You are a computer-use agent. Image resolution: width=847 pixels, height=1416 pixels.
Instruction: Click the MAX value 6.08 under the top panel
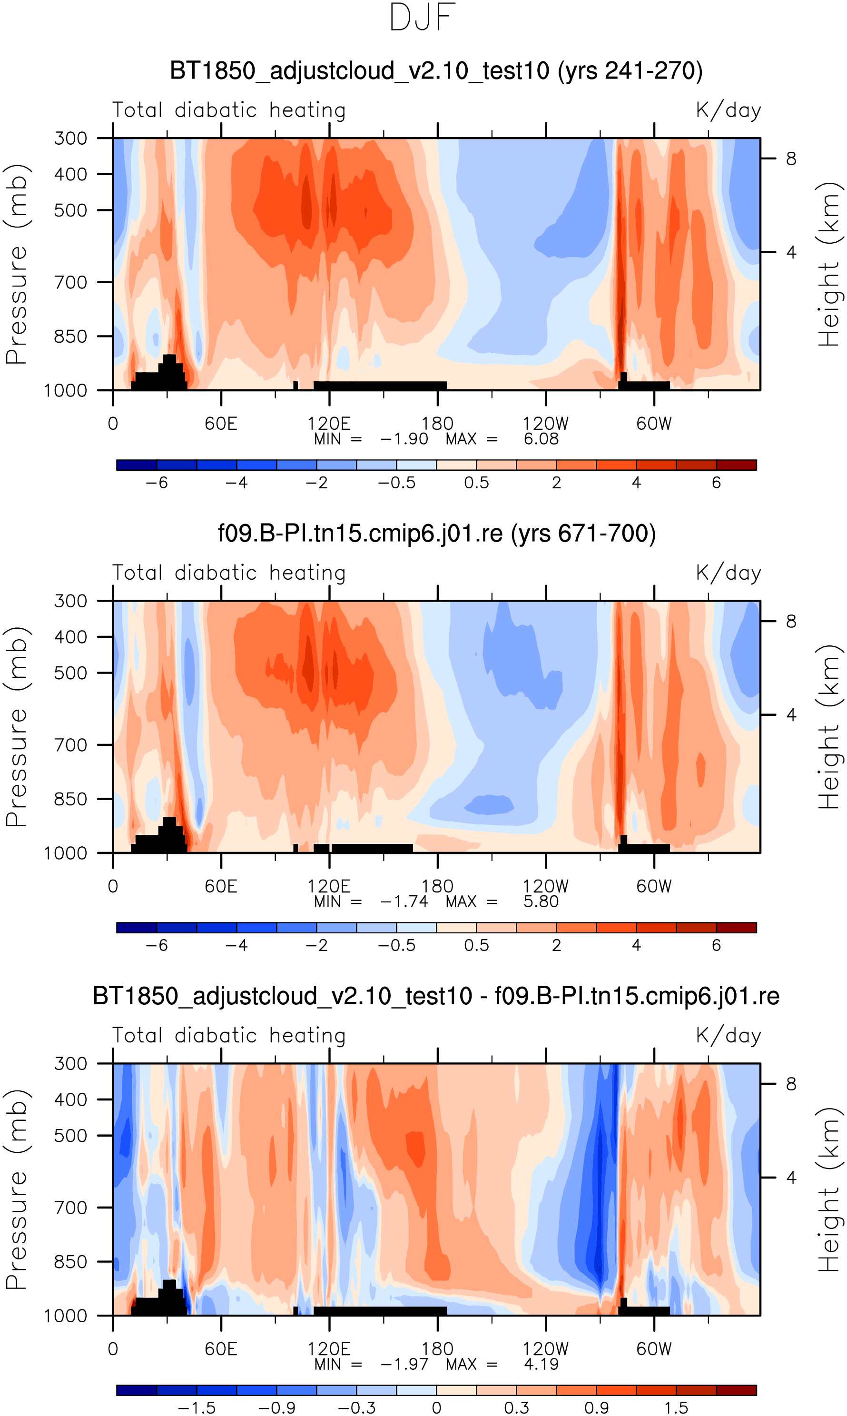(x=541, y=439)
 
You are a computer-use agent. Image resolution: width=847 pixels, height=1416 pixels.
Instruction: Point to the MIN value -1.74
(x=404, y=902)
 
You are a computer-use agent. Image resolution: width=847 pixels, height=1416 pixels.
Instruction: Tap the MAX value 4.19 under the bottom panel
(x=541, y=1365)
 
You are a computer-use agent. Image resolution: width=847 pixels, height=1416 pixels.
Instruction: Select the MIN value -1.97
(x=404, y=1365)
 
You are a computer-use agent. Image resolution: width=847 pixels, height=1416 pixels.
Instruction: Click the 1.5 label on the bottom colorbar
(x=676, y=1408)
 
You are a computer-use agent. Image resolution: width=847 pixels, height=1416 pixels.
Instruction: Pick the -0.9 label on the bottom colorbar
(x=276, y=1408)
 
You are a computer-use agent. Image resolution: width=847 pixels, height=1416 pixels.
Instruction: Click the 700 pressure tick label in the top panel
(x=71, y=283)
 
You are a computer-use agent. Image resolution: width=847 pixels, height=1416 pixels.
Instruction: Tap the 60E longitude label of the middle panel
(x=221, y=886)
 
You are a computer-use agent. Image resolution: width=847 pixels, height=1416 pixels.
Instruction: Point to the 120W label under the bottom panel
(x=546, y=1349)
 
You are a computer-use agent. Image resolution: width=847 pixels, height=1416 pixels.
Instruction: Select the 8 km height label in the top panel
(x=791, y=158)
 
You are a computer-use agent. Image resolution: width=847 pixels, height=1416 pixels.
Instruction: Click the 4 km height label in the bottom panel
(x=791, y=1178)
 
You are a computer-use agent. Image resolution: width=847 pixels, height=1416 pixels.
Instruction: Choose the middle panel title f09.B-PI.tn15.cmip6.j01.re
(x=437, y=534)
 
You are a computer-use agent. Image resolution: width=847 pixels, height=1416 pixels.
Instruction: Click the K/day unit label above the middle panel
(x=729, y=573)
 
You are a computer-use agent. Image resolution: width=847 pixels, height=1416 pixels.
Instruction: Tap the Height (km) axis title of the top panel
(x=829, y=265)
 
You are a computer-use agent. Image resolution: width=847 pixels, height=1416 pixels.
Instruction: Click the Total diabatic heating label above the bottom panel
(x=229, y=1036)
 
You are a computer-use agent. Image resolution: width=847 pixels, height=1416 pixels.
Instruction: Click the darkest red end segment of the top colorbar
(x=736, y=465)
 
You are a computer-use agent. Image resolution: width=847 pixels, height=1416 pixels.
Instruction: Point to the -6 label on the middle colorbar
(x=157, y=946)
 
